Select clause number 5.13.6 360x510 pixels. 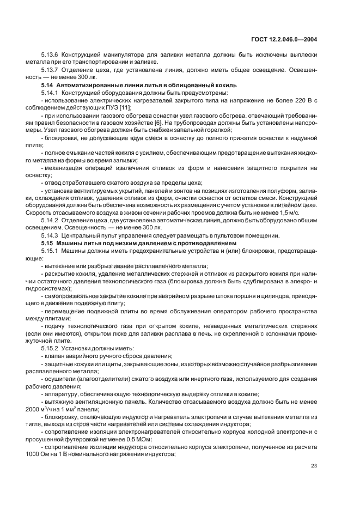point(50,55)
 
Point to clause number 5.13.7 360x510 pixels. point(50,69)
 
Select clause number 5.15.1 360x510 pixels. point(50,250)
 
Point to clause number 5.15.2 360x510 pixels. point(50,348)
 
